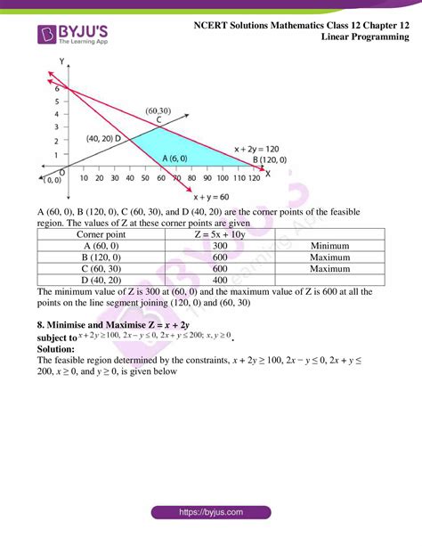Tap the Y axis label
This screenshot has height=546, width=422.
(x=61, y=60)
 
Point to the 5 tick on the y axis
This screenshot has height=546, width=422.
(x=56, y=101)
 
